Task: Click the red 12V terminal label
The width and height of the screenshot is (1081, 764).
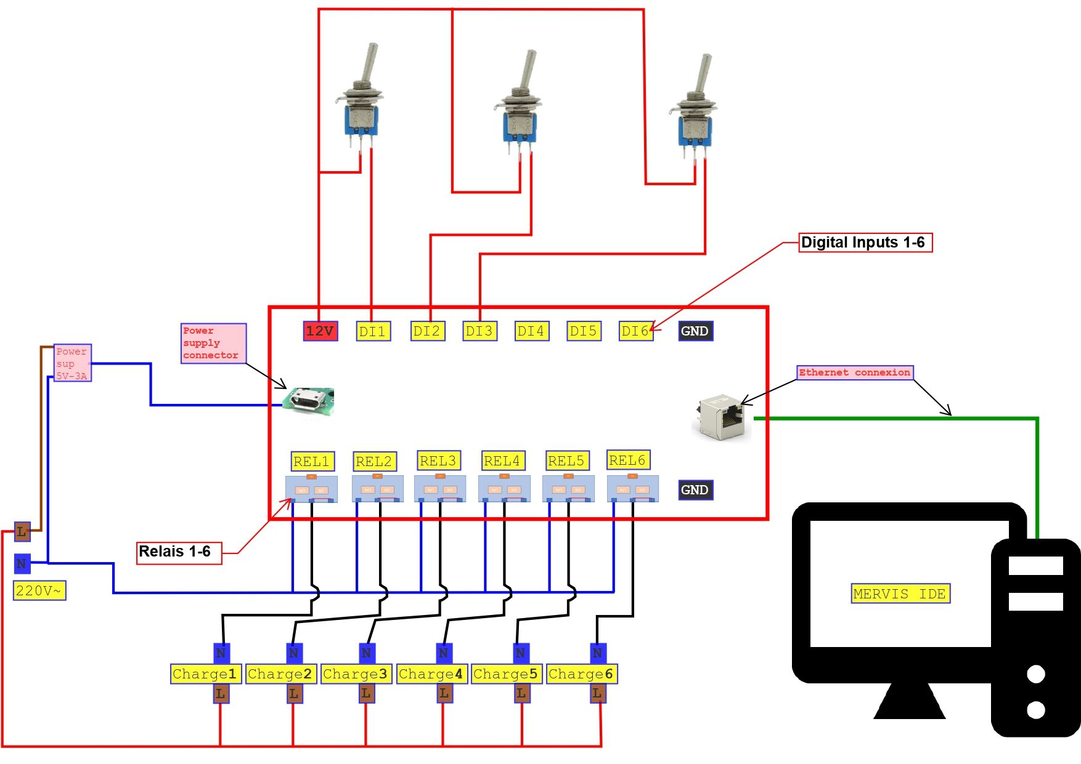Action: pos(320,331)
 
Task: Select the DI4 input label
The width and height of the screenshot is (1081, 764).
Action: pos(531,331)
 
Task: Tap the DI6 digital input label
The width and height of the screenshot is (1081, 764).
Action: pos(635,331)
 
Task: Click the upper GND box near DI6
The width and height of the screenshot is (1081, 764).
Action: pos(695,331)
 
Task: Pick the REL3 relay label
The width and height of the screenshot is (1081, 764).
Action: pos(438,460)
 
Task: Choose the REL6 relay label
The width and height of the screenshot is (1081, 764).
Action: pos(627,460)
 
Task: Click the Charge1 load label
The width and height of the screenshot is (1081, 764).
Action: pos(205,674)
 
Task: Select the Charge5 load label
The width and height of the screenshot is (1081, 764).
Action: pos(505,674)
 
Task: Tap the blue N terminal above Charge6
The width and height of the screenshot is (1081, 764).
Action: pos(597,653)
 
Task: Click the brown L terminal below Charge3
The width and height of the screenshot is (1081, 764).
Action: pos(366,694)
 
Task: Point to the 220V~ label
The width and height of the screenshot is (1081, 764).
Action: pos(39,591)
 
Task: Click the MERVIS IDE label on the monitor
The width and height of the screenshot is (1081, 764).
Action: pos(900,594)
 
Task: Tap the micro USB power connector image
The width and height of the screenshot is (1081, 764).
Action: pos(308,401)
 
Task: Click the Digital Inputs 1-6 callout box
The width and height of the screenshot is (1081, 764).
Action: pos(864,243)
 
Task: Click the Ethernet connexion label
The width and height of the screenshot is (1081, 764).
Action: pos(854,372)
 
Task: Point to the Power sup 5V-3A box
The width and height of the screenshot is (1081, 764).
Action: pos(72,363)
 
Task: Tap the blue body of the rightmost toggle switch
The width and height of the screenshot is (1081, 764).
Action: pos(695,130)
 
